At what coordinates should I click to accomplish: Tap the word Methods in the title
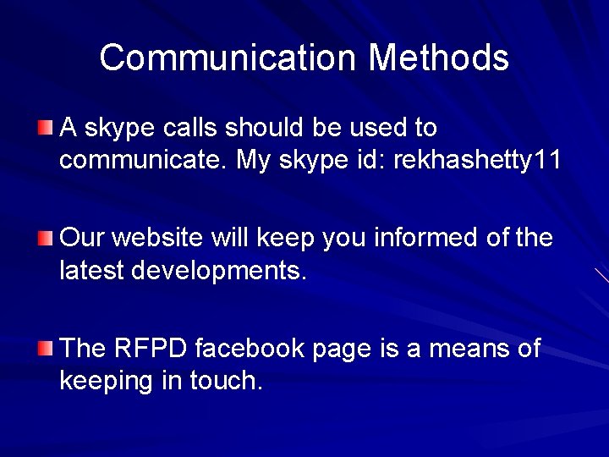point(438,58)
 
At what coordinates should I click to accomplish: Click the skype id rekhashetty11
point(477,160)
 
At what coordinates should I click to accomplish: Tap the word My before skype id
point(255,161)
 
